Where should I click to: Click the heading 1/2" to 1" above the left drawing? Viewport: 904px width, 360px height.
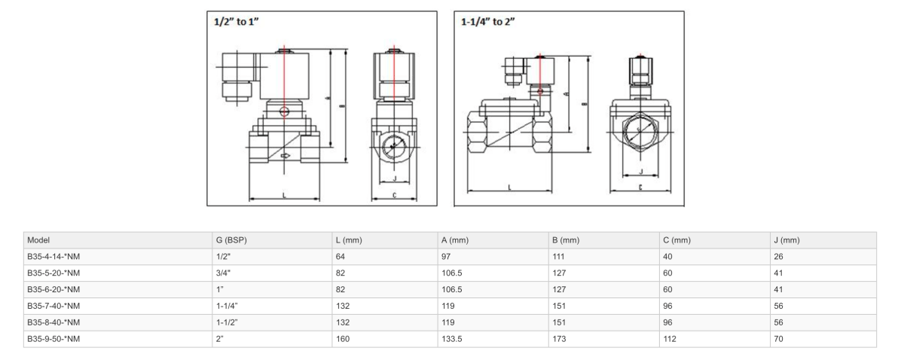tap(238, 22)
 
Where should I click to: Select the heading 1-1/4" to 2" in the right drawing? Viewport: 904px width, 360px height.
tap(489, 22)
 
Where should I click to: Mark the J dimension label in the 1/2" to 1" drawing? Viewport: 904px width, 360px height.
tap(395, 179)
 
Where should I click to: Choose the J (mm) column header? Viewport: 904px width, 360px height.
tap(786, 240)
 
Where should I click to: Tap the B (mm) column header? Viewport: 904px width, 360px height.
tap(565, 240)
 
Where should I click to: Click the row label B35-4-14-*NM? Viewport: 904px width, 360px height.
tap(53, 257)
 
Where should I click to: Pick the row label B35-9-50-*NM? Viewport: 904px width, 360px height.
tap(53, 339)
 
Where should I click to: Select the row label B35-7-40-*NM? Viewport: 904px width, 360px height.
tap(53, 306)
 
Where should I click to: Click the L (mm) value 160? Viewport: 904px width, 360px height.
tap(343, 339)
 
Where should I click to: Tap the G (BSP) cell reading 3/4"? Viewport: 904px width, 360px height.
tap(223, 273)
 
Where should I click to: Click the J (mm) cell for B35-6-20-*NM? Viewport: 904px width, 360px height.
tap(779, 289)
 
